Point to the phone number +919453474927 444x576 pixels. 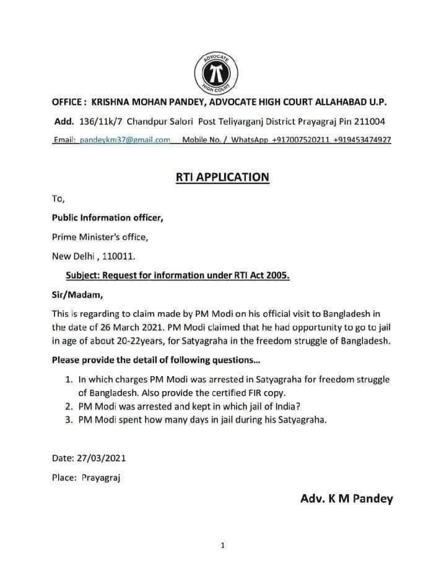[362, 140]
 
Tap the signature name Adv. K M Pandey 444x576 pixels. [346, 499]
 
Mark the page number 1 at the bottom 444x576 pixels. [222, 545]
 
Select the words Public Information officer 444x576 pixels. [107, 217]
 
